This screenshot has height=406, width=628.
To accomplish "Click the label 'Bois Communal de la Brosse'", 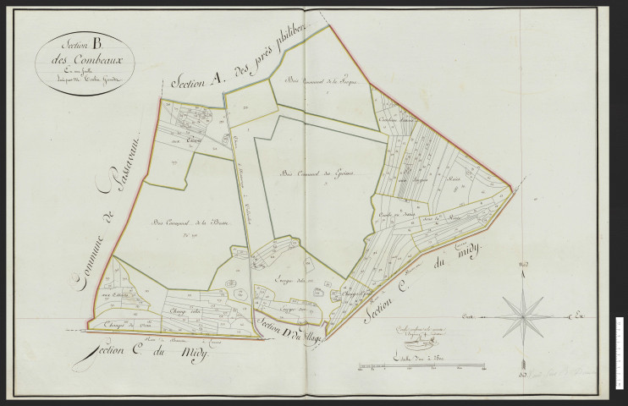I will tap(186, 223).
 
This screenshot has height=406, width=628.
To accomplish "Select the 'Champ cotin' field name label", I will tap(184, 310).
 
